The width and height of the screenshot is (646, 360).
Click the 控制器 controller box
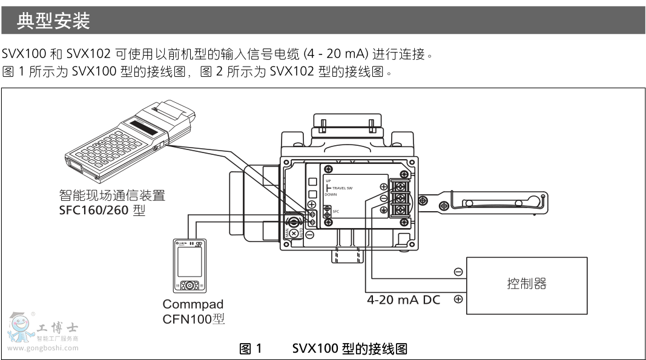526,285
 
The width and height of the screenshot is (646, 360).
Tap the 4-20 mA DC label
404,299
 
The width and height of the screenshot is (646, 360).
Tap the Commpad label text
193,304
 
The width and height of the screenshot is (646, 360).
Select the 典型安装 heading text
53,22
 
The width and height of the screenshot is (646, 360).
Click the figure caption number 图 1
251,349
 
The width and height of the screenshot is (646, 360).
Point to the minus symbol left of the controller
458,272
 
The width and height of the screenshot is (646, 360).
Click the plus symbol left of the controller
458,299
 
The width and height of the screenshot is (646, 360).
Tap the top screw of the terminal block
400,186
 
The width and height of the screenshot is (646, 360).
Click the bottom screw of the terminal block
400,210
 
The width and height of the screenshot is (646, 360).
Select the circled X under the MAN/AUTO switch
294,233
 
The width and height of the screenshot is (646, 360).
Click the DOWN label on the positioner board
331,195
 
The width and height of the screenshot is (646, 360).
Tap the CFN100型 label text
194,318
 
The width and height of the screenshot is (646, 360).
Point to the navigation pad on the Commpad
190,284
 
